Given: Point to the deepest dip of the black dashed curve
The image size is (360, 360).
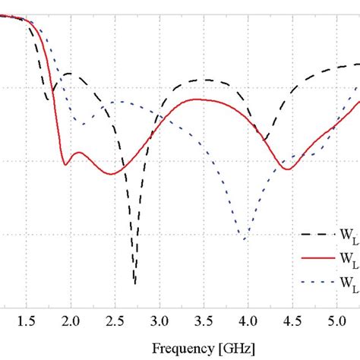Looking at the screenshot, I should coord(135,283).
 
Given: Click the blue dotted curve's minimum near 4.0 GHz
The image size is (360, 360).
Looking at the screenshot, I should coord(245,239).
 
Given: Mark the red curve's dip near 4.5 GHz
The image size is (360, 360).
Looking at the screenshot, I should coord(287,169).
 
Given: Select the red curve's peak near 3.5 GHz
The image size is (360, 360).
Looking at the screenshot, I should coord(199,99).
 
